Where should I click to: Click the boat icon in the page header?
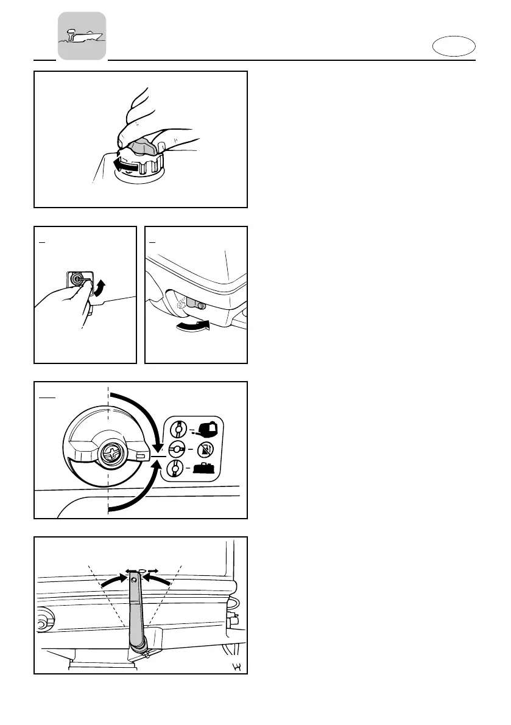(82, 36)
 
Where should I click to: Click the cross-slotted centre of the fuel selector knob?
(113, 452)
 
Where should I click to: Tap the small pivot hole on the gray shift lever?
(134, 581)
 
